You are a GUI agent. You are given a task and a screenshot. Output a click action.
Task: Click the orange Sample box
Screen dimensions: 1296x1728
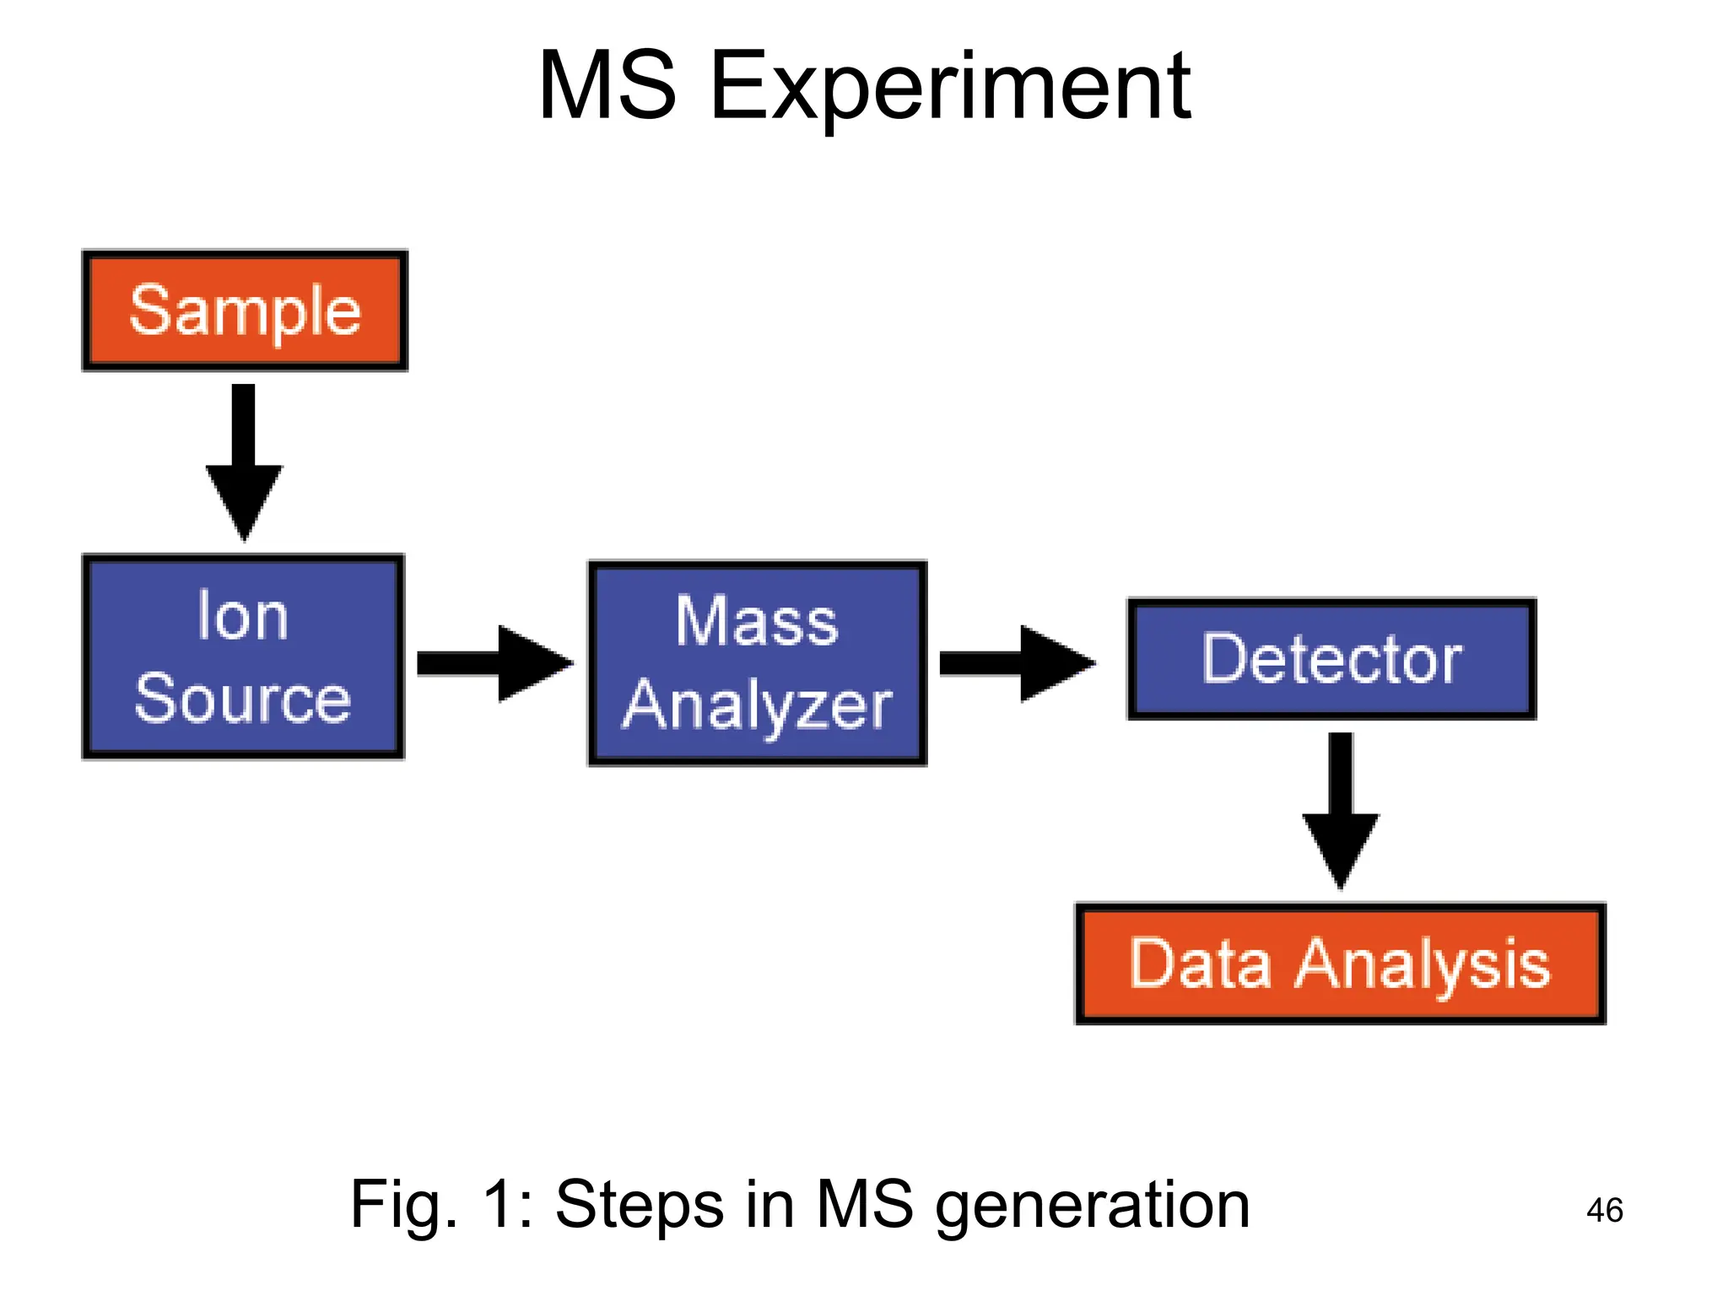(245, 310)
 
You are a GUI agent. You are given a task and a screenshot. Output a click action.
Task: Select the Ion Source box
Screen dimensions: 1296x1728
(243, 657)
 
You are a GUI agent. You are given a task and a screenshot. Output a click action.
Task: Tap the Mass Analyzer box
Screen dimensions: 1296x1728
(757, 663)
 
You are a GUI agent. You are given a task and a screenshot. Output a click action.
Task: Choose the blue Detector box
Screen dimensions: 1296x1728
(1331, 659)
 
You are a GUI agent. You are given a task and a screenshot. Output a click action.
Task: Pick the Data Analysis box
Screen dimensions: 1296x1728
(1339, 964)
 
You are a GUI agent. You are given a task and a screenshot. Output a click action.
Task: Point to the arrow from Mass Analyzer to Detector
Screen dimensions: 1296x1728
(1018, 663)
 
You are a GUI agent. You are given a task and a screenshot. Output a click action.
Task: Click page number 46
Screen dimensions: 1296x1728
(1604, 1211)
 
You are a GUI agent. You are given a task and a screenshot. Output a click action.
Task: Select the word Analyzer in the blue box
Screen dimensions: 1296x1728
(757, 706)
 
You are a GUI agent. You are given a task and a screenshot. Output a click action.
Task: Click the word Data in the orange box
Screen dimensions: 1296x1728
(1200, 964)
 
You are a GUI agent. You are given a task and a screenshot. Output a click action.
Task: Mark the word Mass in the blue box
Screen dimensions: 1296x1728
(757, 621)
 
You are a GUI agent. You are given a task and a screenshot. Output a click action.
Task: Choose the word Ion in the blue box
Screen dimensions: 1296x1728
(243, 617)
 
